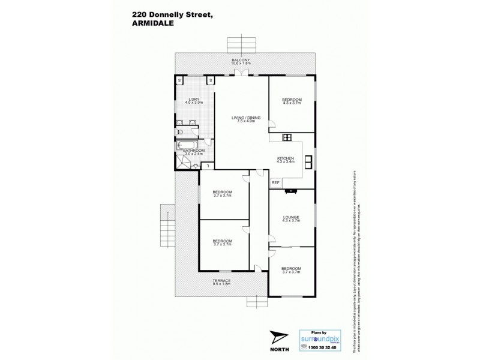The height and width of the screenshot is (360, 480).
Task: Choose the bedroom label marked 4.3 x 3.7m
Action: click(292, 101)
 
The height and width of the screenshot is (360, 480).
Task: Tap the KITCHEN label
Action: click(286, 159)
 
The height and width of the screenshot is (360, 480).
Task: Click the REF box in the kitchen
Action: click(275, 182)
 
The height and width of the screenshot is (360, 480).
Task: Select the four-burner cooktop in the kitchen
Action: click(287, 137)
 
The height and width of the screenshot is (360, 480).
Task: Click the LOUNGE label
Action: click(292, 218)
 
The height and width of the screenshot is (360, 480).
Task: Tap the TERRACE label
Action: click(222, 281)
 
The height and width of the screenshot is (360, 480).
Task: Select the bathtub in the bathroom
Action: click(183, 145)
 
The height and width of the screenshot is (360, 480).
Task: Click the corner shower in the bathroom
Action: click(182, 161)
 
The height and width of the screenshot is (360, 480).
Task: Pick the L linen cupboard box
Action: click(206, 166)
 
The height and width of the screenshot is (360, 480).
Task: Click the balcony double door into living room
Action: click(241, 73)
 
